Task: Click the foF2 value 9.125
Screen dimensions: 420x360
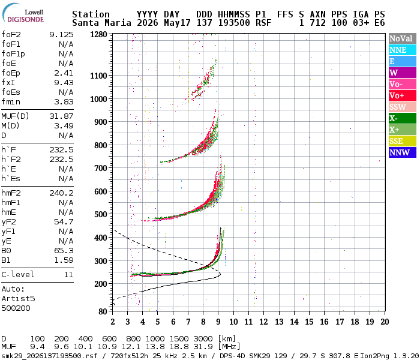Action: point(61,35)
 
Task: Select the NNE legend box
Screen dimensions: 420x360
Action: point(403,50)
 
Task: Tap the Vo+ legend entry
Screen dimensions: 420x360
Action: point(403,95)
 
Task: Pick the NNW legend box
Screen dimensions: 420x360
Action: point(403,152)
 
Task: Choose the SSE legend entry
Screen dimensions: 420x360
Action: point(403,141)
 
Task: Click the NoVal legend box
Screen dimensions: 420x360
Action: point(403,38)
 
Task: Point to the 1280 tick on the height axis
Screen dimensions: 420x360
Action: point(98,35)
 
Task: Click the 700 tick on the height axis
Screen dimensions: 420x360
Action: point(101,168)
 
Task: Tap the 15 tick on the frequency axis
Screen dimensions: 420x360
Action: point(309,322)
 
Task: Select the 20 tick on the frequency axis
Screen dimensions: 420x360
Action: point(385,322)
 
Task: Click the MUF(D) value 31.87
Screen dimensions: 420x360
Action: point(61,116)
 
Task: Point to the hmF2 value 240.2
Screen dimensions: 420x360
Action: point(61,193)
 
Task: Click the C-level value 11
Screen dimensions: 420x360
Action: point(68,274)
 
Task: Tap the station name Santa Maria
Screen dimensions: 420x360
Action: point(102,23)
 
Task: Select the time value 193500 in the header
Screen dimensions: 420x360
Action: point(234,23)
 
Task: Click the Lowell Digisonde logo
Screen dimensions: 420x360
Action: point(23,13)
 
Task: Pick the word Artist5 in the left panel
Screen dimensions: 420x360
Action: point(18,298)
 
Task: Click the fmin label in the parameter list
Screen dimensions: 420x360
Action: point(11,102)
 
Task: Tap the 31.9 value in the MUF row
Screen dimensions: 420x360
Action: point(203,347)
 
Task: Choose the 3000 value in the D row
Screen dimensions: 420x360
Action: point(203,338)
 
